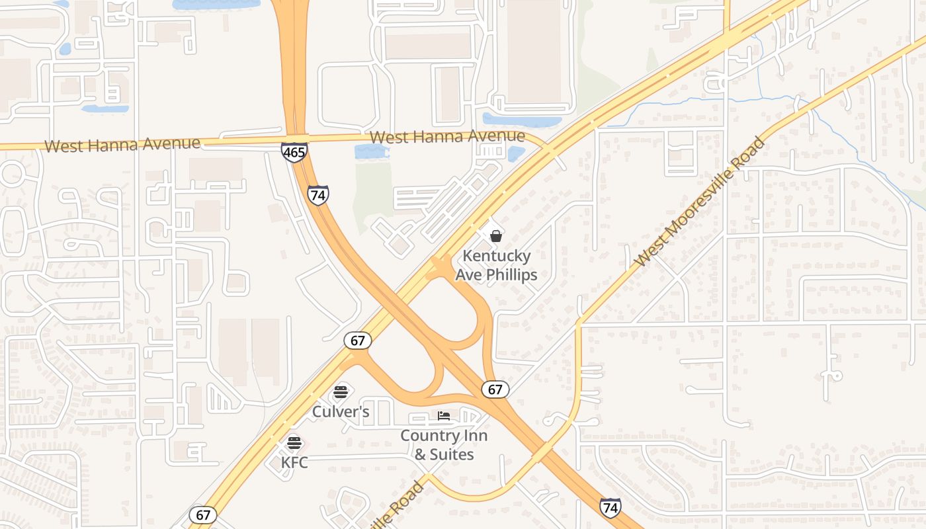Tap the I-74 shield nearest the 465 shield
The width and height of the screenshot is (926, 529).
pyautogui.click(x=318, y=195)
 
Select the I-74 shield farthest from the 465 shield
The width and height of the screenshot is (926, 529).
pyautogui.click(x=610, y=508)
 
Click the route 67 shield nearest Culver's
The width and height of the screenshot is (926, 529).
pyautogui.click(x=357, y=341)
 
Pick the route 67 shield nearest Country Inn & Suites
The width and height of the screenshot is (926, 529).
pyautogui.click(x=495, y=389)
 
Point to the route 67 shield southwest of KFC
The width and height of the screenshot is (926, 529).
pyautogui.click(x=203, y=515)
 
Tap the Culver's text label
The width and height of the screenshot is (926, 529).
pyautogui.click(x=341, y=412)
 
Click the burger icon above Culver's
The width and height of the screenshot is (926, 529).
pyautogui.click(x=341, y=392)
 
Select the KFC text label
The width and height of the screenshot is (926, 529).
pyautogui.click(x=294, y=462)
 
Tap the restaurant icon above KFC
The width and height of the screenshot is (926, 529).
pyautogui.click(x=294, y=442)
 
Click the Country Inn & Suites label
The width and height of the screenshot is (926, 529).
pyautogui.click(x=444, y=445)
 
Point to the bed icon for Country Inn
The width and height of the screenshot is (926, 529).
pyautogui.click(x=444, y=416)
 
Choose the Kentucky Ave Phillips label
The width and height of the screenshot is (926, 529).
pyautogui.click(x=496, y=265)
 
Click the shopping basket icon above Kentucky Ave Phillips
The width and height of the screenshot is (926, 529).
pyautogui.click(x=496, y=236)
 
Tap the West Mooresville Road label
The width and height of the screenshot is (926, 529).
pyautogui.click(x=700, y=202)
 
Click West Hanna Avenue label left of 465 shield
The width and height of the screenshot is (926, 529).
pyautogui.click(x=122, y=144)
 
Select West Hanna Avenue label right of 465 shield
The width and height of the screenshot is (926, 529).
pyautogui.click(x=448, y=137)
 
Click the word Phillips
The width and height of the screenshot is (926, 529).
pyautogui.click(x=512, y=274)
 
